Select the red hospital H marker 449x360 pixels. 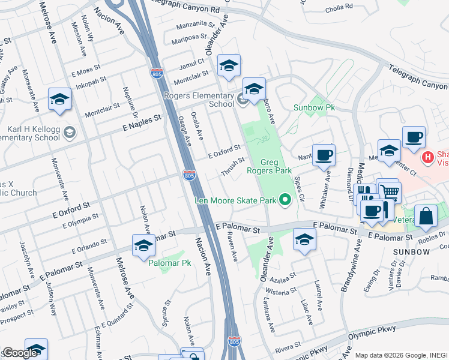tap(427, 158)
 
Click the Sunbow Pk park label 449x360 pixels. tap(313, 107)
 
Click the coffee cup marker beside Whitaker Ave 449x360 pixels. tap(324, 155)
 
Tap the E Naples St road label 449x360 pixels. tap(142, 122)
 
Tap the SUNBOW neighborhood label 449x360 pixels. tap(411, 252)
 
